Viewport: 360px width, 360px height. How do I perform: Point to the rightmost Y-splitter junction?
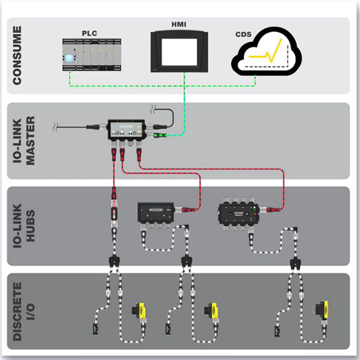294,263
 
